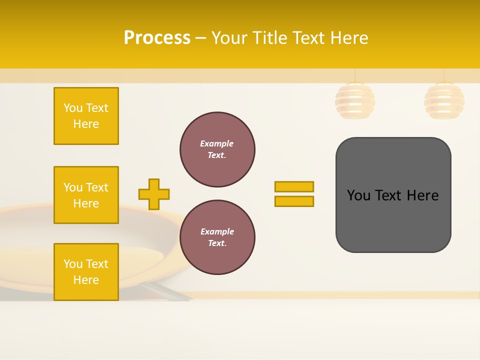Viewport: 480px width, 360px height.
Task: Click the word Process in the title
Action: [x=157, y=38]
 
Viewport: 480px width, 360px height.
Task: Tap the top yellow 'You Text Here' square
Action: [x=86, y=116]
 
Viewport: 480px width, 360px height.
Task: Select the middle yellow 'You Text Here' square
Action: [x=86, y=195]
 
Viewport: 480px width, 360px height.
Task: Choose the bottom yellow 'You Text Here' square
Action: [x=86, y=272]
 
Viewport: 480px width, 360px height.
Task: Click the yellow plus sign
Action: [x=154, y=194]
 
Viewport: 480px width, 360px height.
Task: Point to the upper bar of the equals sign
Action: [x=294, y=186]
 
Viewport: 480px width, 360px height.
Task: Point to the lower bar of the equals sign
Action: [x=294, y=201]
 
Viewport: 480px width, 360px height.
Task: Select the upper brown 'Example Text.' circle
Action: [x=217, y=149]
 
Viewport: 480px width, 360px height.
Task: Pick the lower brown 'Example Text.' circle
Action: [x=217, y=237]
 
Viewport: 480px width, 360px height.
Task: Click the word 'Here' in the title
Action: [x=348, y=38]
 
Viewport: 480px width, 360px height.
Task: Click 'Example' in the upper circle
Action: [x=217, y=143]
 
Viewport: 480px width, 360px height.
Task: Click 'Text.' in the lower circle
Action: [x=217, y=243]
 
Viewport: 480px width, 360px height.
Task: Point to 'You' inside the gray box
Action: [x=358, y=195]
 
